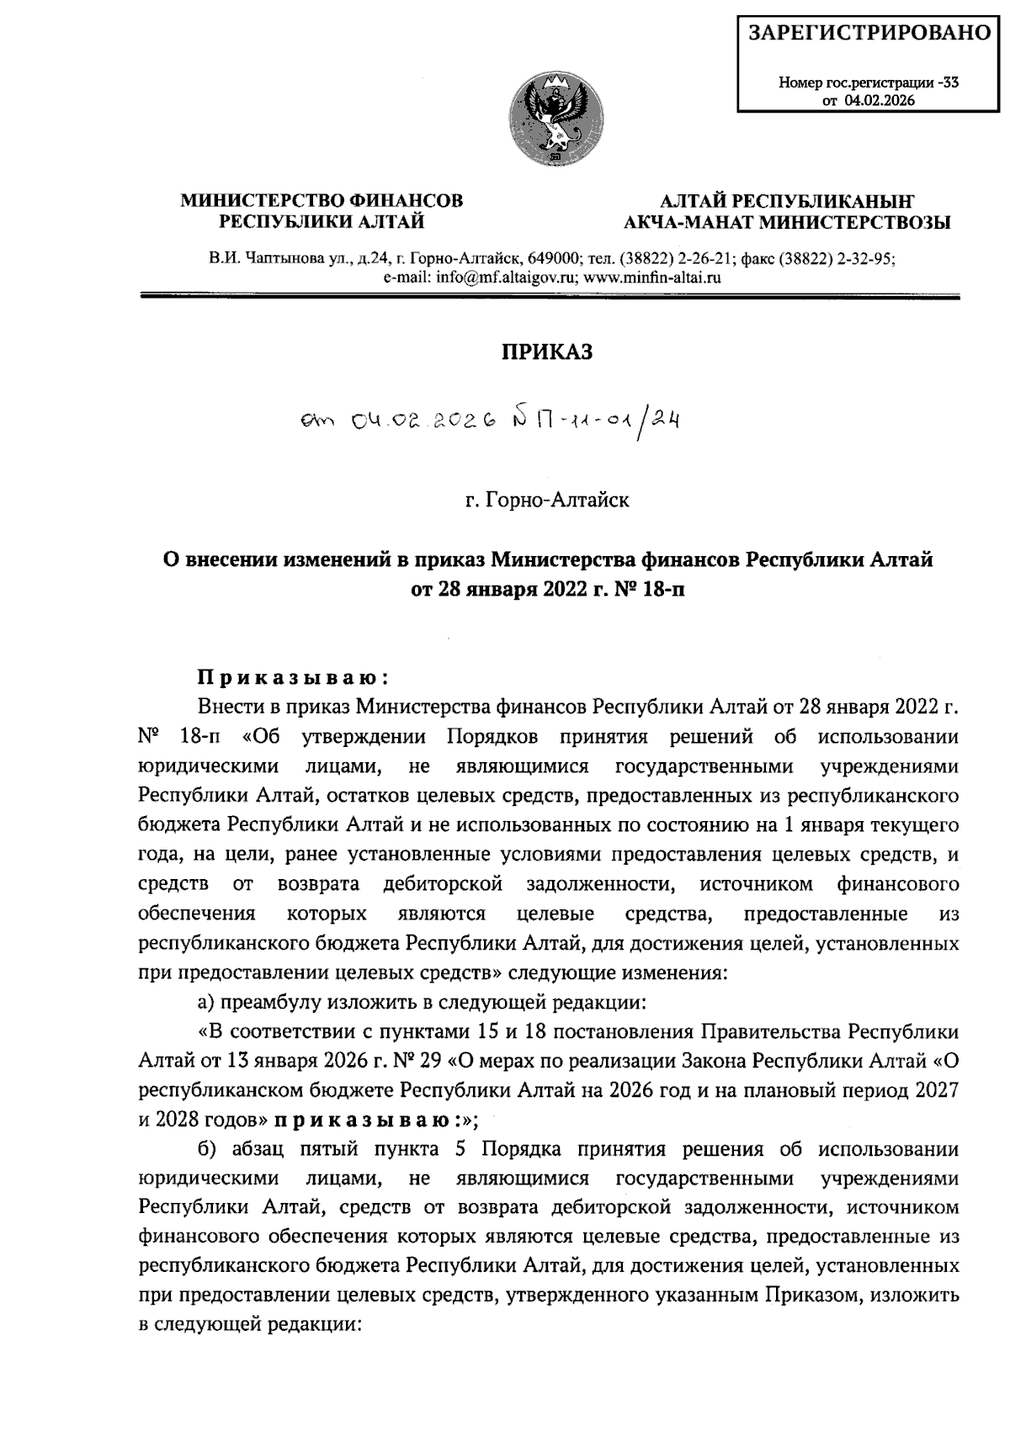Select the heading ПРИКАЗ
coord(547,352)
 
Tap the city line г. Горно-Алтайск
coord(547,501)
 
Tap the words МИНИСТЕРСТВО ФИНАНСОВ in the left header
coord(322,201)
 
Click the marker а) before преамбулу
coord(205,1002)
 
